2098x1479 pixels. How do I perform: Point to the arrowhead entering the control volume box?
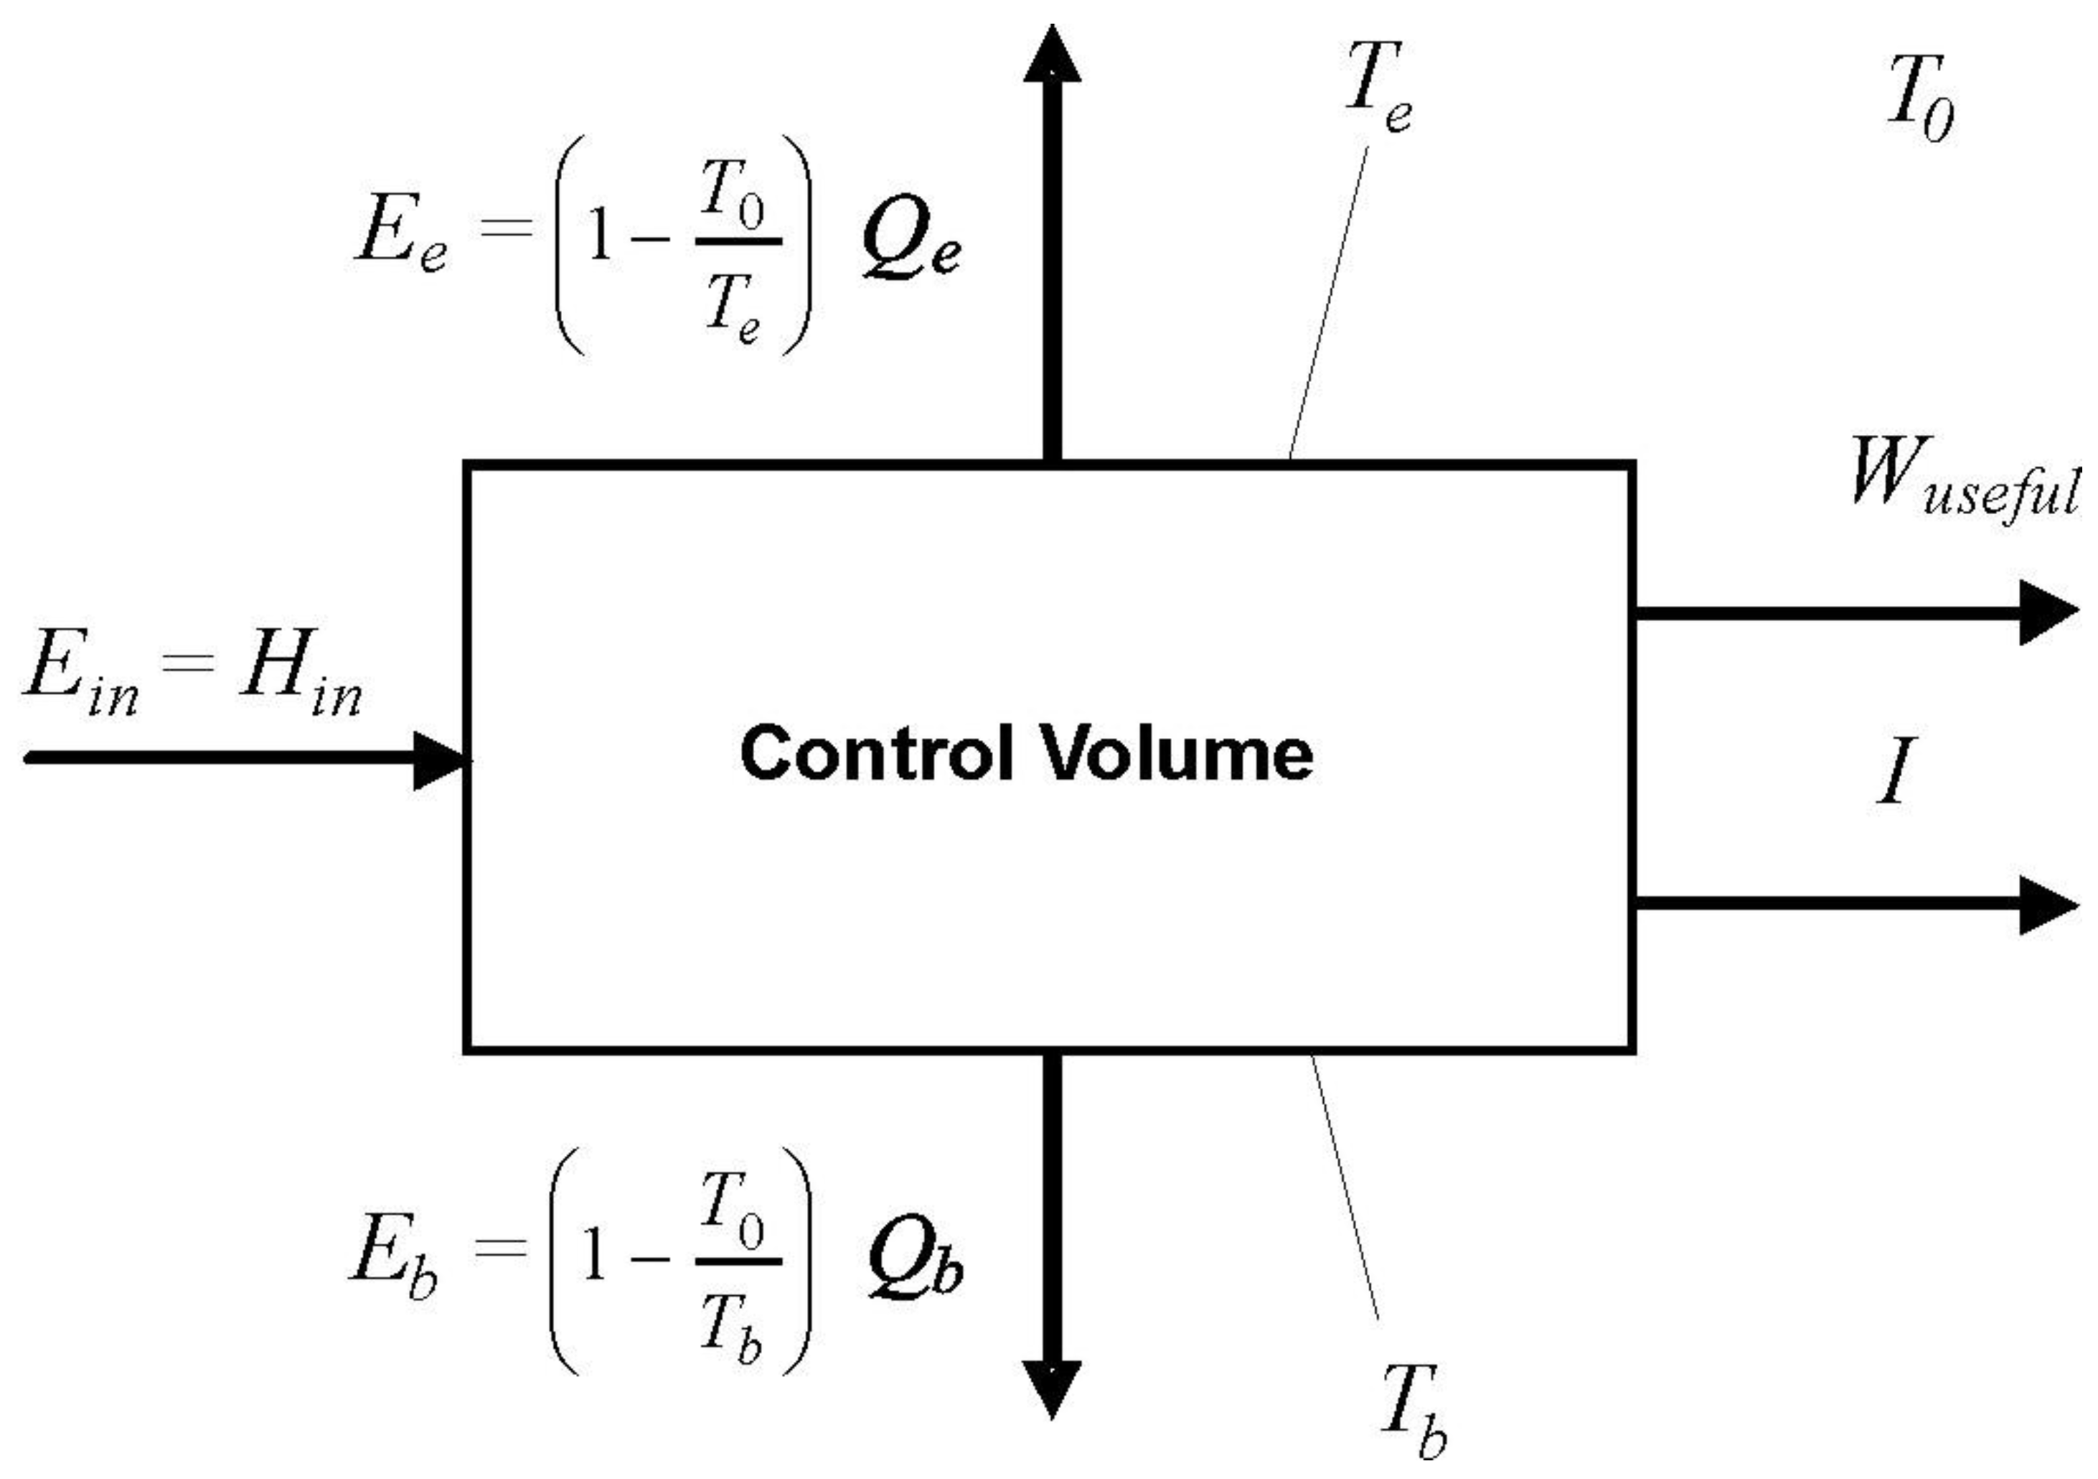coord(441,759)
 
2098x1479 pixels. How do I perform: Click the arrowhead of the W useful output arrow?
coord(2047,612)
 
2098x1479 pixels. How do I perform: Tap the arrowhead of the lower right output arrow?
coord(2047,904)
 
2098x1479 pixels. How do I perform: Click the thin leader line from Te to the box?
coord(1330,302)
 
